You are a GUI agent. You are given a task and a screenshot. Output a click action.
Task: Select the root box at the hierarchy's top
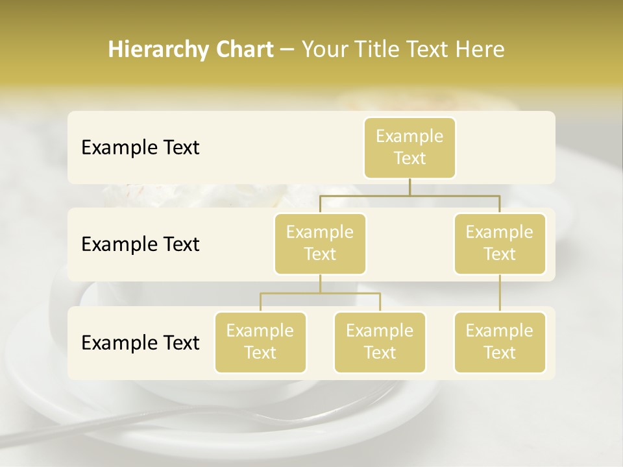(409, 148)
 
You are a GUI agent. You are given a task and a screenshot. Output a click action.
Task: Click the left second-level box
(320, 244)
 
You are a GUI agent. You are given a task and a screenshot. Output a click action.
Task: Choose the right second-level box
(500, 244)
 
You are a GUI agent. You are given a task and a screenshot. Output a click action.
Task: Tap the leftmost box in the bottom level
(260, 342)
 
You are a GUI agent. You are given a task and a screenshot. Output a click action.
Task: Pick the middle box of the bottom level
(380, 342)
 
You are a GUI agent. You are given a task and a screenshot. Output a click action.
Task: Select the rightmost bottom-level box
(500, 342)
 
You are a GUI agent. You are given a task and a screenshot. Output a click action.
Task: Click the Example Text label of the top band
(140, 148)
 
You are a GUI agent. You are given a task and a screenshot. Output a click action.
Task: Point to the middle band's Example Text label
(140, 245)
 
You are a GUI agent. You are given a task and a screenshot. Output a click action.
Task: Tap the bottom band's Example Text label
(140, 342)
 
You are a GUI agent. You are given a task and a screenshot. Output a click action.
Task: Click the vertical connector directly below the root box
(409, 187)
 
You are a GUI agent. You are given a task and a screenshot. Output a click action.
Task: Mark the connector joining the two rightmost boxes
(500, 293)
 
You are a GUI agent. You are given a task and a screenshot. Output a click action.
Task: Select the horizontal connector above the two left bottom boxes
(320, 293)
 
